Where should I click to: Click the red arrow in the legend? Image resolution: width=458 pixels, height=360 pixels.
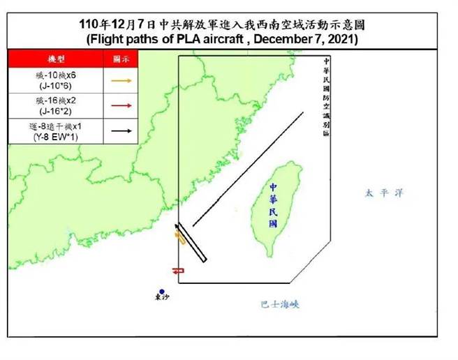point(123,105)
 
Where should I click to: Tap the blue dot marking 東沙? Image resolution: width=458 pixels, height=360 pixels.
point(161,292)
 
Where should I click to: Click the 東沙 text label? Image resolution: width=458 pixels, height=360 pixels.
point(161,300)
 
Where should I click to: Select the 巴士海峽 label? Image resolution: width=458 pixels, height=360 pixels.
point(279,304)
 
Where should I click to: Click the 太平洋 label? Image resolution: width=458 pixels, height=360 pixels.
point(383,193)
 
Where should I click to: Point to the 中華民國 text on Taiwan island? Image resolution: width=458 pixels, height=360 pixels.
point(273,205)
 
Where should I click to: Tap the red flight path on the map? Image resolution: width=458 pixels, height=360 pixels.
point(177,270)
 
